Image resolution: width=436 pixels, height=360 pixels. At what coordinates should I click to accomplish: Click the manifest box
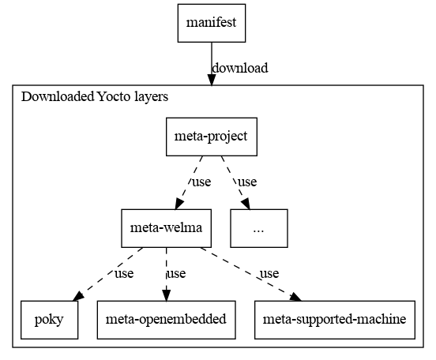coord(212,23)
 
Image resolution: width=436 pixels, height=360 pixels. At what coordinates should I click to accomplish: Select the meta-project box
coord(212,137)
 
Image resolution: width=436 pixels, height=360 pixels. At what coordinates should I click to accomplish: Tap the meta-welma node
coord(167,228)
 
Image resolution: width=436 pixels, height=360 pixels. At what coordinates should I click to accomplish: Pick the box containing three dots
coord(259,228)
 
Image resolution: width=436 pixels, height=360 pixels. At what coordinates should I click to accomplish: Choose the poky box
coord(50,320)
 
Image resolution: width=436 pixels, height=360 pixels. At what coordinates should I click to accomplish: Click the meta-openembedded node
coord(167,320)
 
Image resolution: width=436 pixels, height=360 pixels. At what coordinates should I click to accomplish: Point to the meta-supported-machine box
coord(335,320)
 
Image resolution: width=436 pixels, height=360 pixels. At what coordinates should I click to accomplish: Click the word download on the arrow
coord(240,68)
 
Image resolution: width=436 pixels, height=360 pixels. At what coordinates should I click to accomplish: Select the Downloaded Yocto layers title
coord(95,97)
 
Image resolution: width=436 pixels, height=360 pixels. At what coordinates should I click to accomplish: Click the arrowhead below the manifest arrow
coord(212,80)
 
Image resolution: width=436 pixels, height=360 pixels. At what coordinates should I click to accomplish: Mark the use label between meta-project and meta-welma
coord(201,182)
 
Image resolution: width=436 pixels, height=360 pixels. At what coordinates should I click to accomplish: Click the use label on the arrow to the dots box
coord(247,182)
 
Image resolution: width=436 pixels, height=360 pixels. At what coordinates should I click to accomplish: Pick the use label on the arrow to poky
coord(124,274)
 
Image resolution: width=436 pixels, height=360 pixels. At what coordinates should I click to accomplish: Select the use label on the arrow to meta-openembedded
coord(176,274)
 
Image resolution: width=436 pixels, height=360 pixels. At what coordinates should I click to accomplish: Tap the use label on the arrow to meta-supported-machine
coord(269,274)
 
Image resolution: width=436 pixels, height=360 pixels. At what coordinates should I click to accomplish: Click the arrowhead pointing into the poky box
coord(78,296)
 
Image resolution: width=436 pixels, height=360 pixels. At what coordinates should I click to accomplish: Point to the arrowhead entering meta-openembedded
coord(167,295)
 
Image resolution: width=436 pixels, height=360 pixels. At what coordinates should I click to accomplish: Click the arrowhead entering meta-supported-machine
coord(295,297)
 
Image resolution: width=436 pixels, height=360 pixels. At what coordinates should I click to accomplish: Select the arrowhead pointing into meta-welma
coord(179,204)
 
